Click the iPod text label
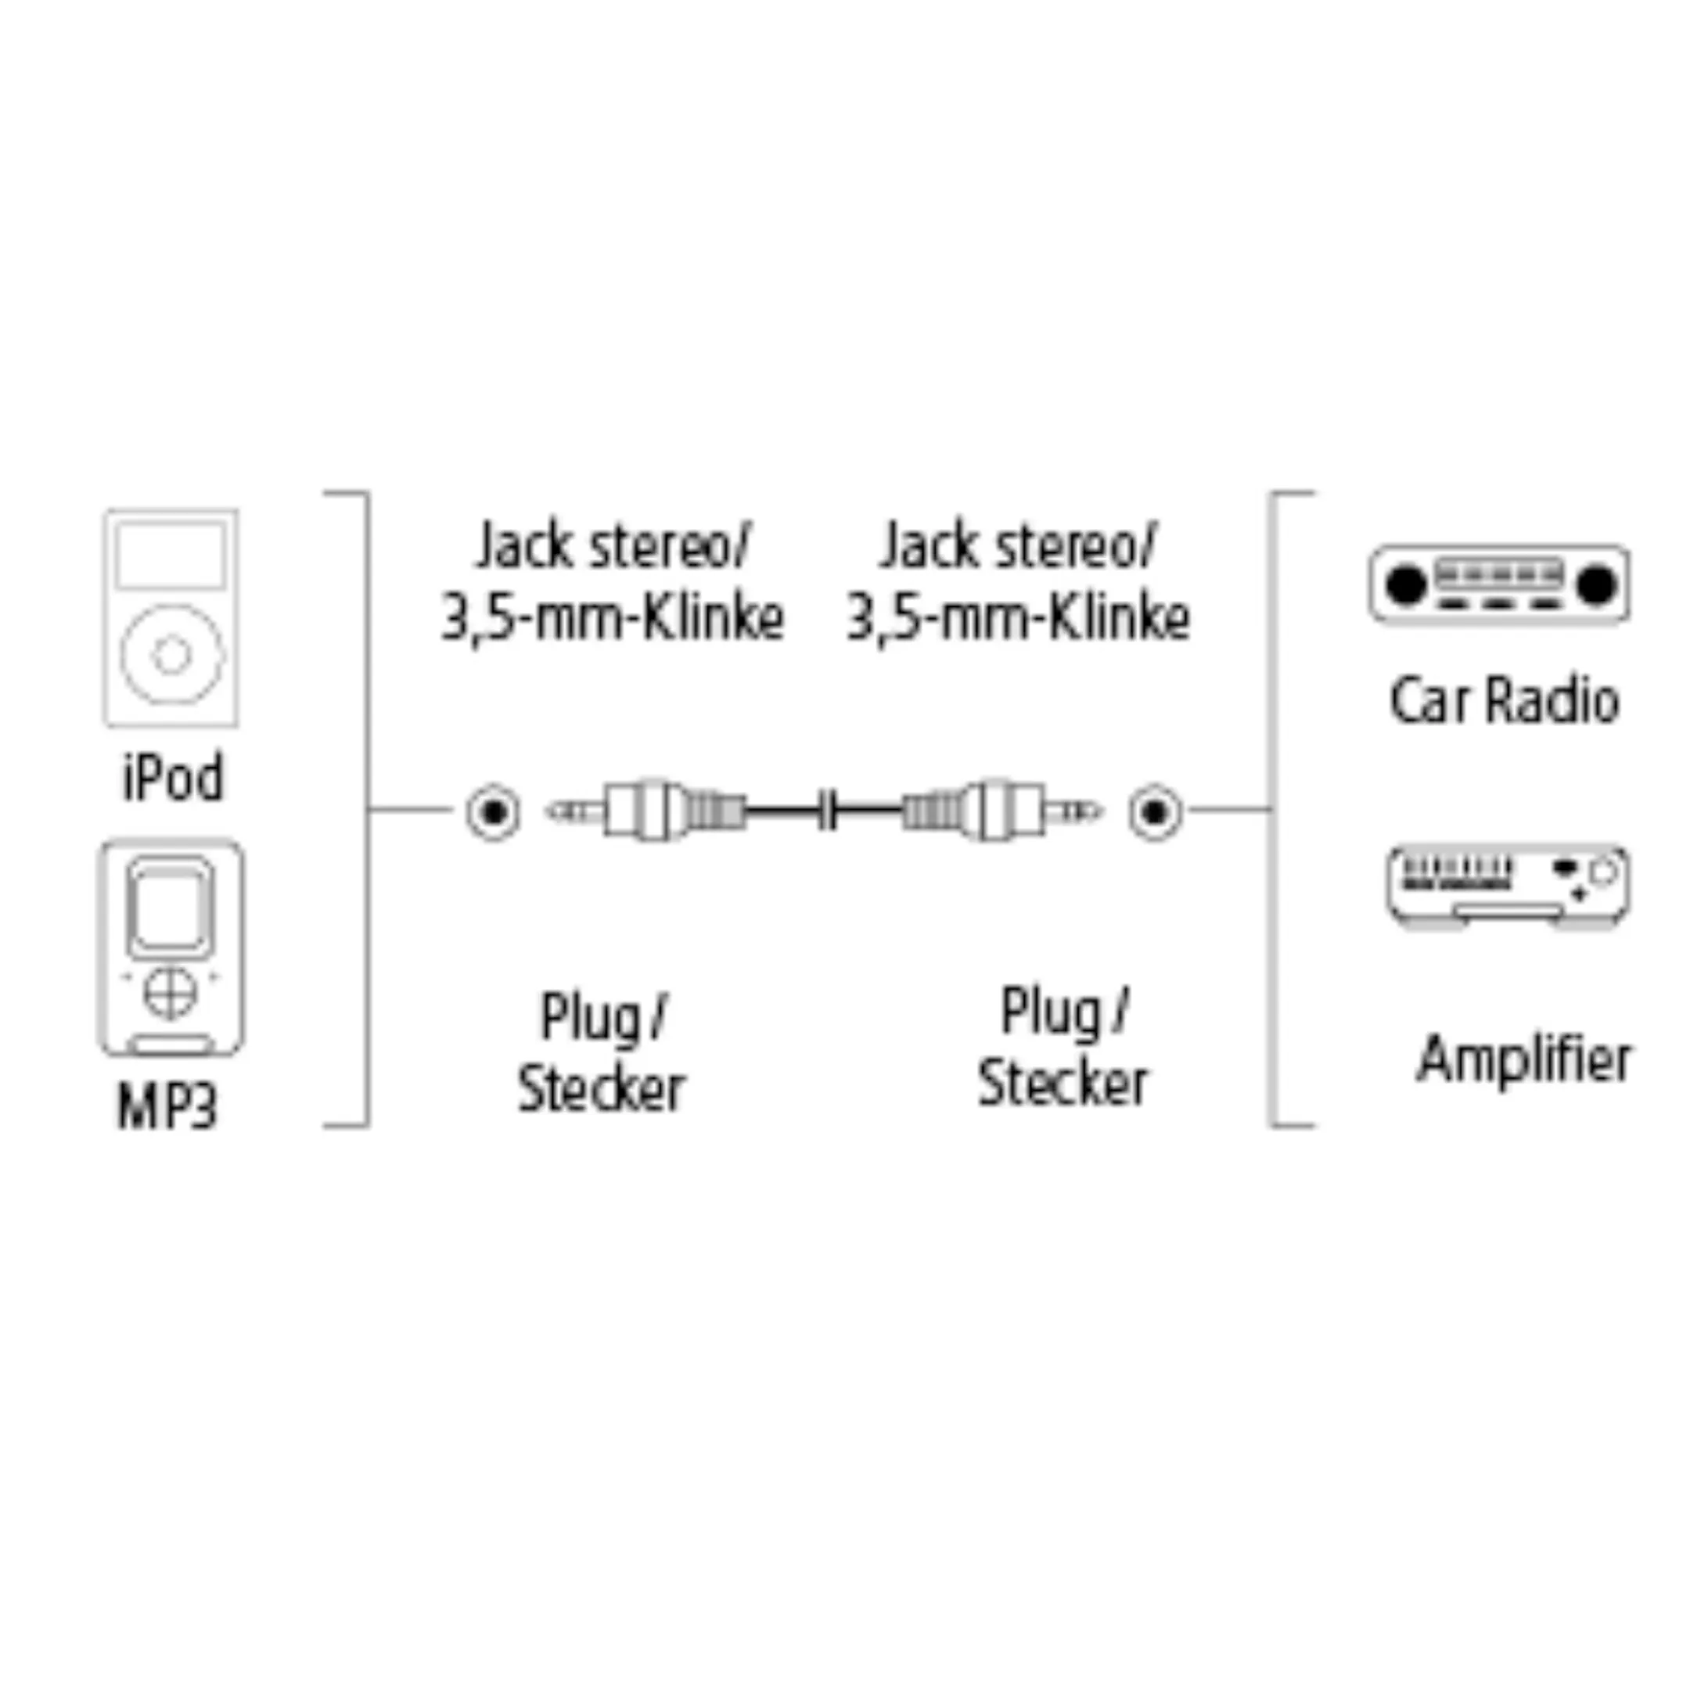coord(172,778)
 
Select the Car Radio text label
coord(1504,701)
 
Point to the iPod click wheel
coord(171,654)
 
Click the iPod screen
coord(171,555)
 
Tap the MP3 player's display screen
coord(171,907)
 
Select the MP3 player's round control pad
coord(170,992)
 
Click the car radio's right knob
coord(1595,584)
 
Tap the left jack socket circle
coord(494,813)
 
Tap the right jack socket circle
coord(1155,813)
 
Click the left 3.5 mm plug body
coord(647,811)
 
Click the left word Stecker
coord(601,1089)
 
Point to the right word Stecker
coord(1062,1084)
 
